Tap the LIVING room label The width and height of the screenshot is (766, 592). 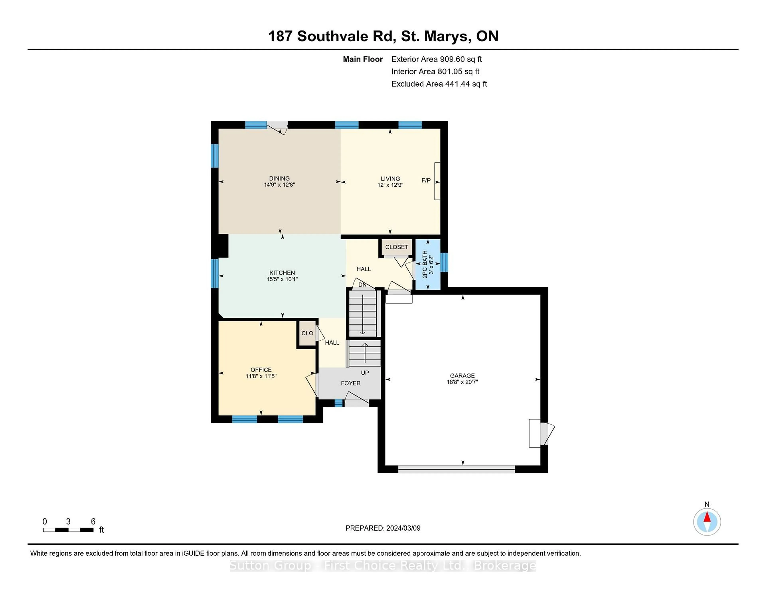coord(390,179)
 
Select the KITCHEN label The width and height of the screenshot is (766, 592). coord(282,273)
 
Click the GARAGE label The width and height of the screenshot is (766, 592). coord(462,376)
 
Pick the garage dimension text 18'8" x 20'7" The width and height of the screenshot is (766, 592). coord(462,382)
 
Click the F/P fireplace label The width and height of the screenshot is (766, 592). coord(426,180)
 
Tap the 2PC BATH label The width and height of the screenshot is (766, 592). coord(425,264)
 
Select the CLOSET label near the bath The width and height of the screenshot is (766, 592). coord(397,247)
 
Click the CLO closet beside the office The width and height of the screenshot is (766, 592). coord(307,333)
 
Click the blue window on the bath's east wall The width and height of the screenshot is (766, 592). coord(444,262)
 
